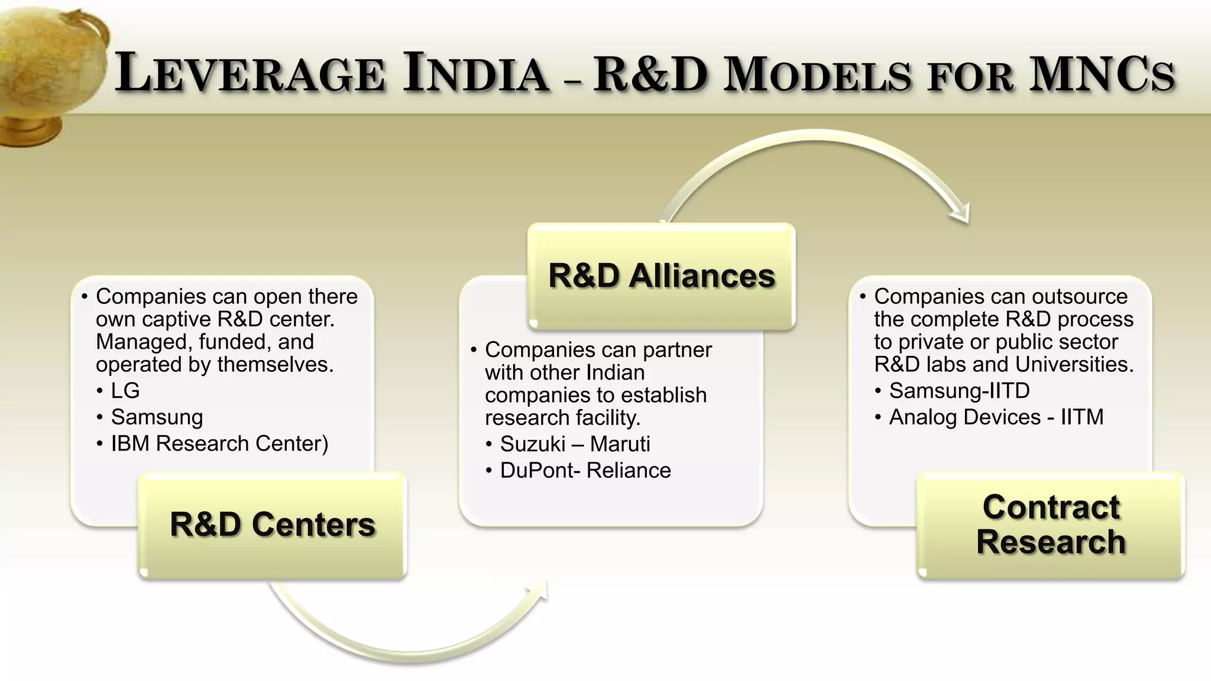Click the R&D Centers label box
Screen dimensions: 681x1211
coord(273,525)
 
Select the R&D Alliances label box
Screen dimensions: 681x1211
coord(661,276)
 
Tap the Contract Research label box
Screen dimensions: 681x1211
coord(1051,525)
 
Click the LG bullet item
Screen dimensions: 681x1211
coord(125,391)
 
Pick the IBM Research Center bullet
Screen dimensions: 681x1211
coord(219,443)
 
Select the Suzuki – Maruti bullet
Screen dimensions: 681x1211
coord(575,444)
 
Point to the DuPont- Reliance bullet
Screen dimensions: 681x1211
coord(585,471)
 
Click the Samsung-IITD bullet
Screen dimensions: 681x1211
coord(959,391)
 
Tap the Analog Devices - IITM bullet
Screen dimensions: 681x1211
coord(996,417)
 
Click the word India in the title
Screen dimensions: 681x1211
coord(476,74)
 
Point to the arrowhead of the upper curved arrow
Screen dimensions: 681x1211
coord(961,213)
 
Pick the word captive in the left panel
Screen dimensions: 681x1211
coord(177,319)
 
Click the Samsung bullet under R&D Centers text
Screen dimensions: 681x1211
coord(157,417)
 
